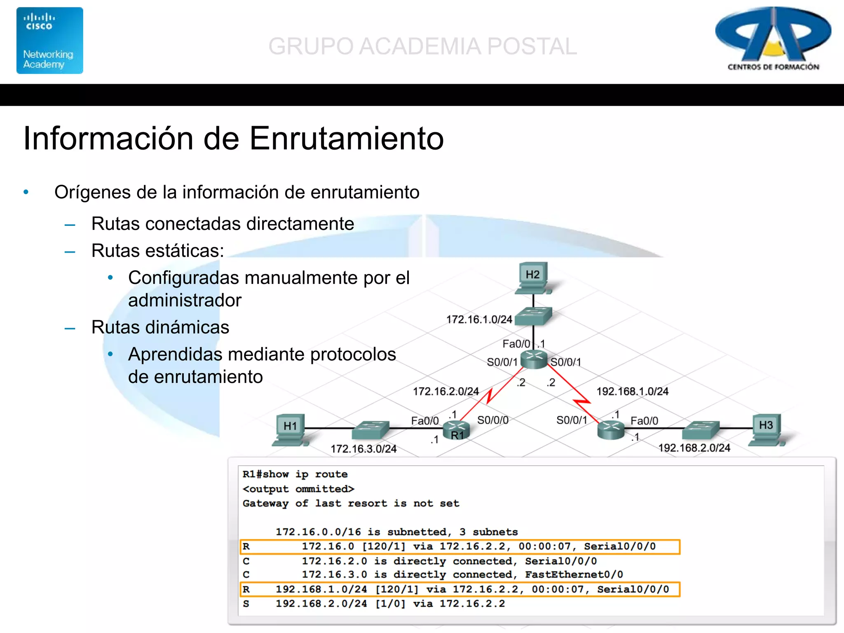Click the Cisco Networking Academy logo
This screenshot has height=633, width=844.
pyautogui.click(x=50, y=40)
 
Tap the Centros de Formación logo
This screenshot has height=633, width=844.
pyautogui.click(x=773, y=39)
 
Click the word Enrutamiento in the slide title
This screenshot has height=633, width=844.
pyautogui.click(x=347, y=138)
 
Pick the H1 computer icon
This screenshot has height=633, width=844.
pyautogui.click(x=291, y=429)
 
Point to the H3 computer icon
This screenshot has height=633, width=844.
pyautogui.click(x=766, y=429)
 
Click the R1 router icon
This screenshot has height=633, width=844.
pyautogui.click(x=457, y=430)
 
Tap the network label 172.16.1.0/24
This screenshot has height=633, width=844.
pyautogui.click(x=479, y=319)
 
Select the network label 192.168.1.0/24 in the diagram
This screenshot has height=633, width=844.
pyautogui.click(x=632, y=391)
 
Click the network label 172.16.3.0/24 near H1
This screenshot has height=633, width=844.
pyautogui.click(x=363, y=449)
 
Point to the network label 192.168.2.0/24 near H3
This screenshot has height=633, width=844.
pyautogui.click(x=694, y=448)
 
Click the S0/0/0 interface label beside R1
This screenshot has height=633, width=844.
pyautogui.click(x=493, y=420)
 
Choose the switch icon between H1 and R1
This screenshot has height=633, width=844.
pyautogui.click(x=371, y=429)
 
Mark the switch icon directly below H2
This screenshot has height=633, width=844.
pyautogui.click(x=533, y=316)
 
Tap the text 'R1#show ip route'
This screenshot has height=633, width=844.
pyautogui.click(x=295, y=474)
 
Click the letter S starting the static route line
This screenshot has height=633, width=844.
pyautogui.click(x=246, y=604)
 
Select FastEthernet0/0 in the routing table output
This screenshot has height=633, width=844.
pyautogui.click(x=574, y=574)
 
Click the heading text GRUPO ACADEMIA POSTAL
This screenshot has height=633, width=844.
pyautogui.click(x=422, y=46)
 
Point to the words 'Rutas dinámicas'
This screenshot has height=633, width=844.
pyautogui.click(x=160, y=327)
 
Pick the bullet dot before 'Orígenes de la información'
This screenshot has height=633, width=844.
pyautogui.click(x=26, y=192)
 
